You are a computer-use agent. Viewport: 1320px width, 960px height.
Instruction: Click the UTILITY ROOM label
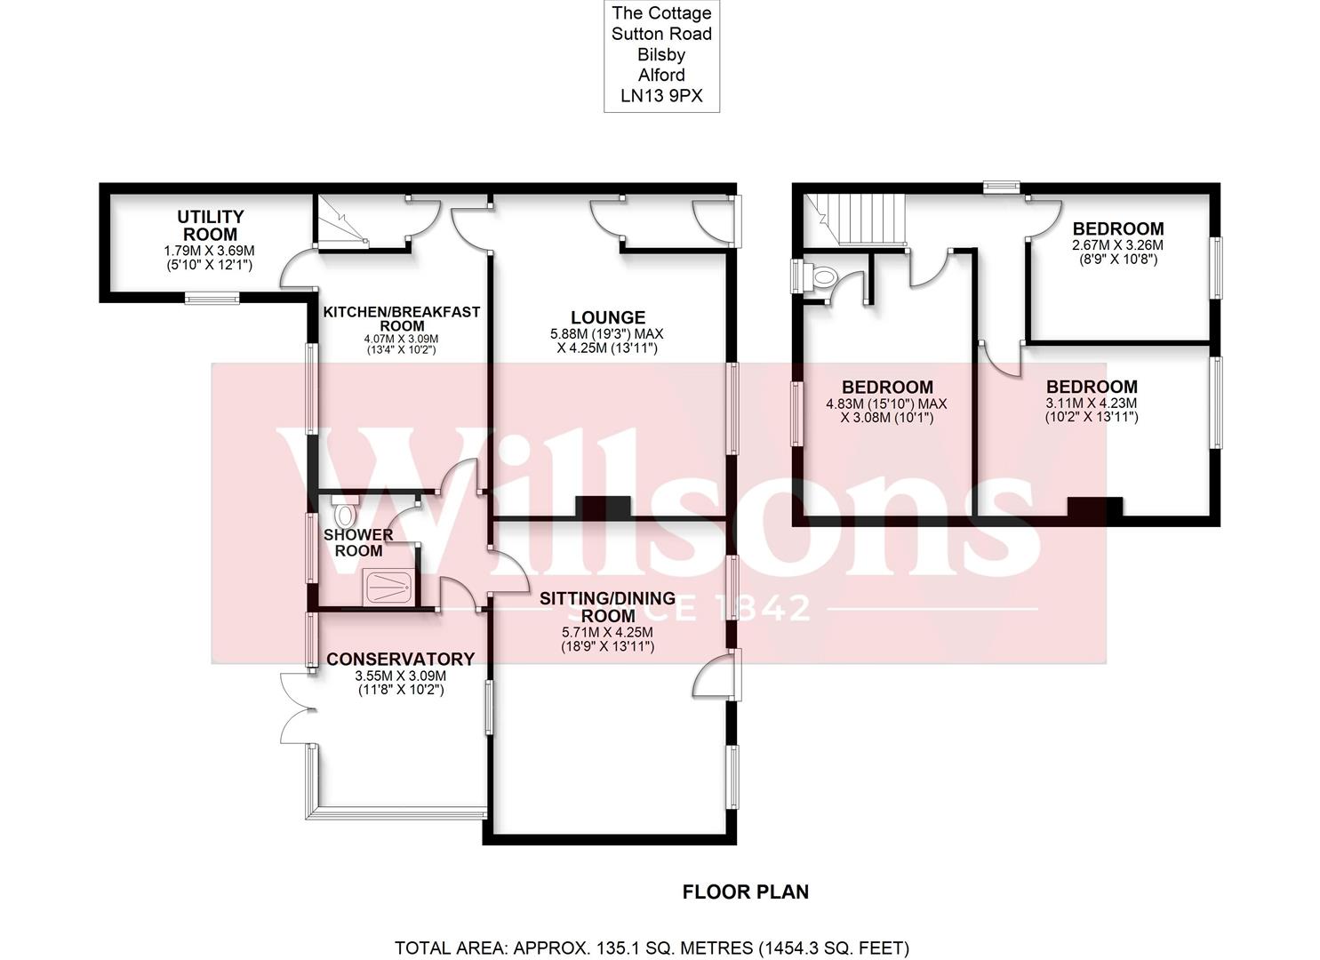[210, 226]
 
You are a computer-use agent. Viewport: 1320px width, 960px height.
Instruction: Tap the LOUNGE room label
[608, 317]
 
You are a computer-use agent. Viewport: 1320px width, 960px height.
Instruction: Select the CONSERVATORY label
[400, 659]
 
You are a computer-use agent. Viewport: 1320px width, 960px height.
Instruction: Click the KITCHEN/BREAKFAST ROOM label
[401, 319]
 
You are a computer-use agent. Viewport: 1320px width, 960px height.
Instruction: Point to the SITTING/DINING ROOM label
[608, 606]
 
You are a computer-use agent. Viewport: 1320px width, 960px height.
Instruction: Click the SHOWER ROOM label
[358, 542]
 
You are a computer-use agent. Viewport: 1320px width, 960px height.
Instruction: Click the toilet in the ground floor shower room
[344, 514]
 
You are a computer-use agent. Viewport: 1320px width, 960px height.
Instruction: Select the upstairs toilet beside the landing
[822, 276]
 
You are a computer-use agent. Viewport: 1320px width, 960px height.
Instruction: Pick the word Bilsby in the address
[662, 54]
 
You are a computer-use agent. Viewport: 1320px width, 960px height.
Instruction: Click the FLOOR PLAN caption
[746, 891]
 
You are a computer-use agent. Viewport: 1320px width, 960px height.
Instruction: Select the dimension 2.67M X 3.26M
[1117, 245]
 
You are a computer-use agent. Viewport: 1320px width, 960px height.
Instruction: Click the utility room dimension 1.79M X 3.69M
[210, 250]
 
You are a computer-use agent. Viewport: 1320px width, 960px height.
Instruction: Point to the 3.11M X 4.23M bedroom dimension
[1092, 403]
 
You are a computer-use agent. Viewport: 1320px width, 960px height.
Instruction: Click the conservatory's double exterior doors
[293, 708]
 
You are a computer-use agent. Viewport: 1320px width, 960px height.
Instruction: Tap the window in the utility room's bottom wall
[212, 298]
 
